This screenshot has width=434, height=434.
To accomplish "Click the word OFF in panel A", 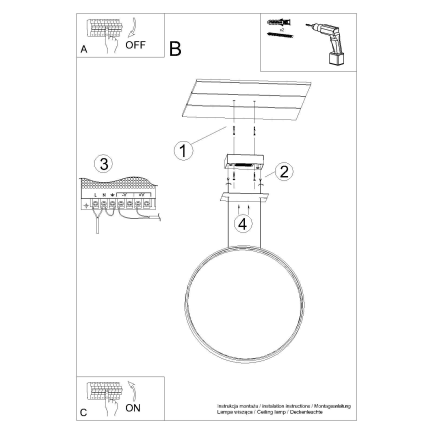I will [x=135, y=45].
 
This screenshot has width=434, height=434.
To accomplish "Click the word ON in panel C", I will [x=133, y=408].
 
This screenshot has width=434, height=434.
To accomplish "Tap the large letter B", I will [x=175, y=48].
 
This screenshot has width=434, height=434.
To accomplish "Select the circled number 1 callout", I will [x=183, y=150].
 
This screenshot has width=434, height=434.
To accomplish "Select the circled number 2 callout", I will [x=283, y=171].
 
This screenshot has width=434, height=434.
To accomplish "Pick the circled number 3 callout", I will [x=103, y=163].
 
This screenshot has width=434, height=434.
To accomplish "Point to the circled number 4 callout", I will [x=243, y=224].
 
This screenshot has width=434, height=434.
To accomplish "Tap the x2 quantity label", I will [x=282, y=30].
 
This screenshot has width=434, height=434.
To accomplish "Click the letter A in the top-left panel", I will [x=83, y=49].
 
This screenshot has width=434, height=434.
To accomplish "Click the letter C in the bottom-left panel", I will [x=83, y=413].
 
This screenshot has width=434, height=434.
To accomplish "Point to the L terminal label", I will [x=95, y=194].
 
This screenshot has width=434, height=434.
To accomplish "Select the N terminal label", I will [x=104, y=194].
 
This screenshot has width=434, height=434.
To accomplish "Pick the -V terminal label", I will [x=124, y=194].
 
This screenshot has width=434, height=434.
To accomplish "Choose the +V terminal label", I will [x=141, y=194].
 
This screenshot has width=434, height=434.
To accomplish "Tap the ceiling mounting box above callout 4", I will [x=243, y=161].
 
